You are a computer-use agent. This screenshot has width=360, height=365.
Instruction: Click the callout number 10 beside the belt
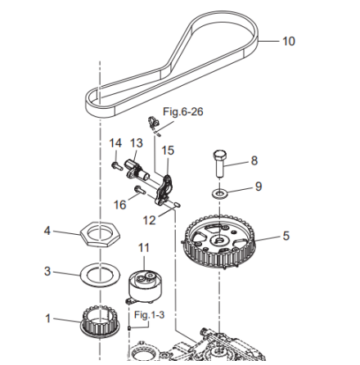[289, 41]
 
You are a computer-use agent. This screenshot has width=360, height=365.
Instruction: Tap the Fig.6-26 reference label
[183, 111]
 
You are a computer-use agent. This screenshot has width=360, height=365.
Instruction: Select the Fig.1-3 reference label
[149, 315]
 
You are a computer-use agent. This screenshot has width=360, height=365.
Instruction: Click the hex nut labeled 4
[100, 234]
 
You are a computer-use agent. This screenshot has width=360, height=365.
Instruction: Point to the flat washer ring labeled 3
[81, 273]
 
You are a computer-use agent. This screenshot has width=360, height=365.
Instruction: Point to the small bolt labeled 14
[117, 165]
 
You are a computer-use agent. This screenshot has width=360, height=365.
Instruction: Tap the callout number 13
[137, 143]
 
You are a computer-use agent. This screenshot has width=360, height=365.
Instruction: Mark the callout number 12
[149, 220]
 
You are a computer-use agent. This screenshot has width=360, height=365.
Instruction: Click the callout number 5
[286, 236]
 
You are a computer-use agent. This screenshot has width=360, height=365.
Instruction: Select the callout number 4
[47, 231]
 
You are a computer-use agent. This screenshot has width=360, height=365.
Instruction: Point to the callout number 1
[47, 318]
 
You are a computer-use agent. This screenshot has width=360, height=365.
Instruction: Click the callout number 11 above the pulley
[144, 248]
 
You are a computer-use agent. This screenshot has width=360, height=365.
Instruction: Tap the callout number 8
[254, 160]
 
